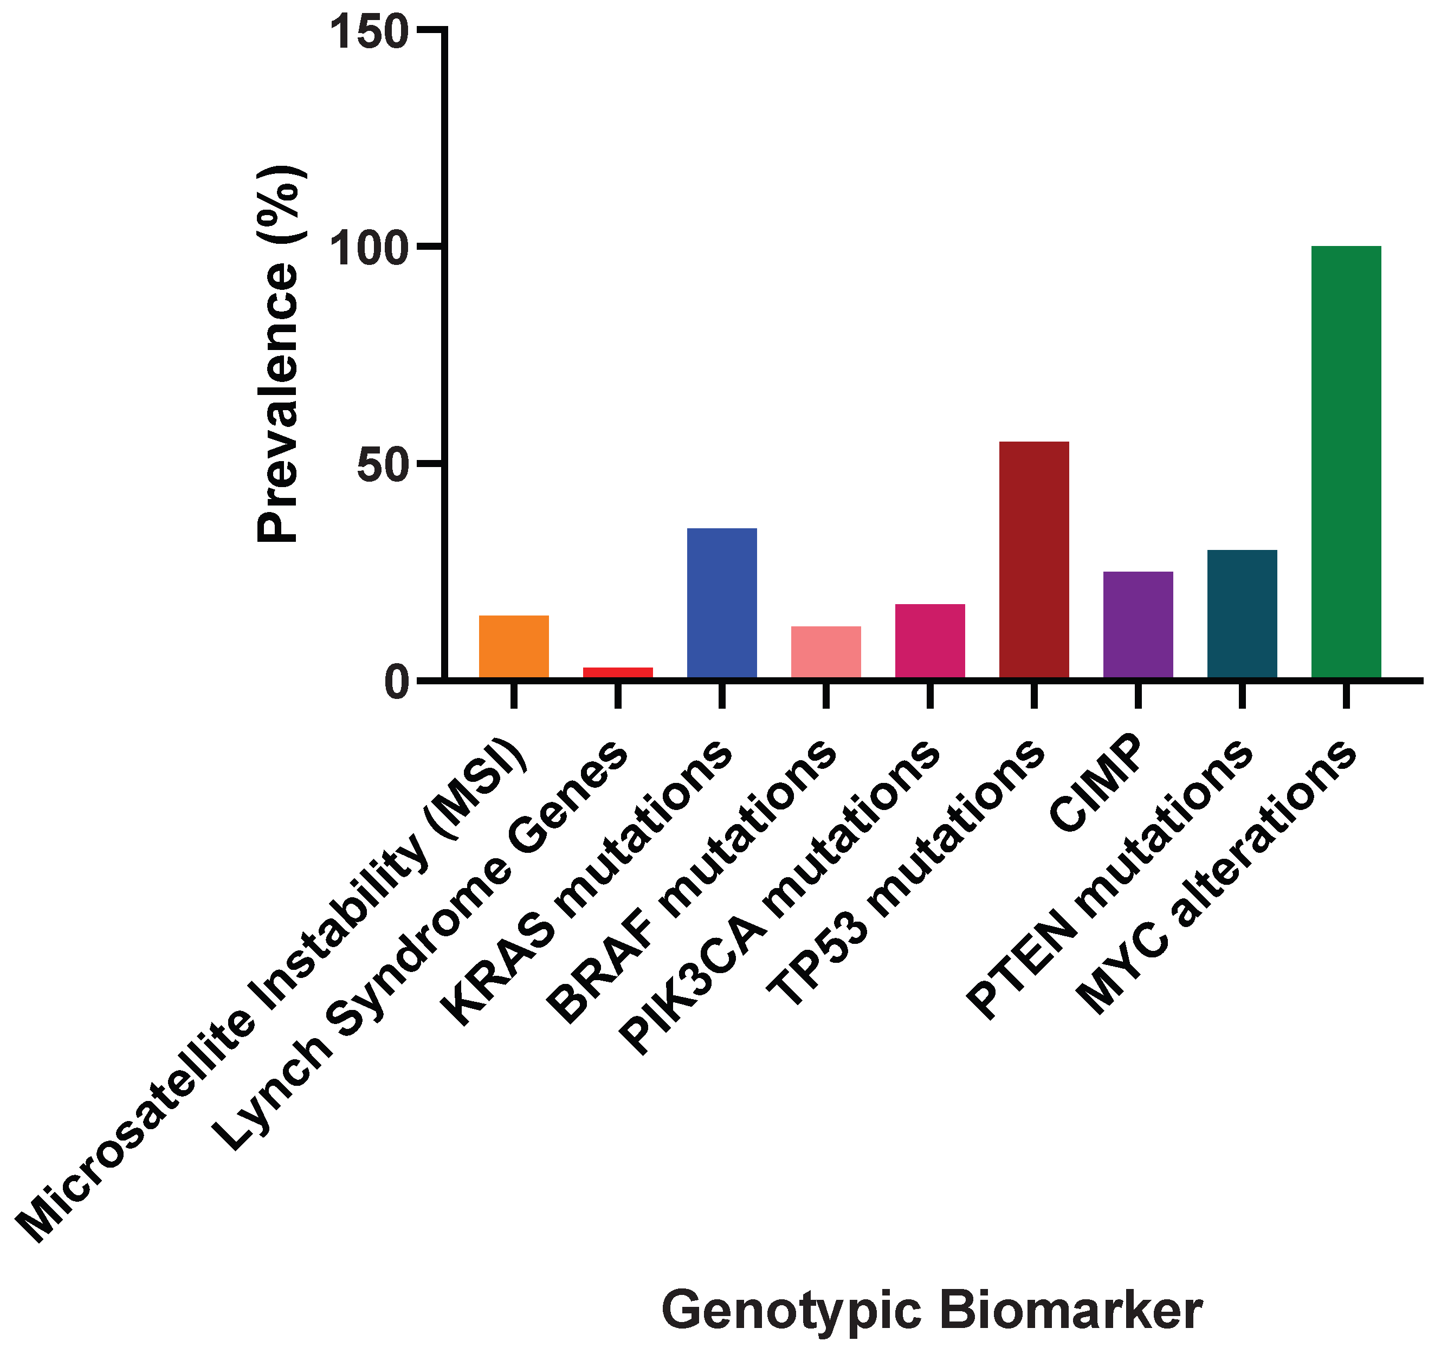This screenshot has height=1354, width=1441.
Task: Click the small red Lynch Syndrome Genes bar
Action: (x=618, y=672)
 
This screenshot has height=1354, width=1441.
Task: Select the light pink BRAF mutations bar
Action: (x=825, y=652)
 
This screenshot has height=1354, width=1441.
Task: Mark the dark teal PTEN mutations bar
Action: (x=1242, y=614)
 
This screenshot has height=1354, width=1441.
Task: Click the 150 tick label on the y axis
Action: (x=370, y=33)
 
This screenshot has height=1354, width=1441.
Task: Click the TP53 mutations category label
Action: (x=906, y=873)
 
